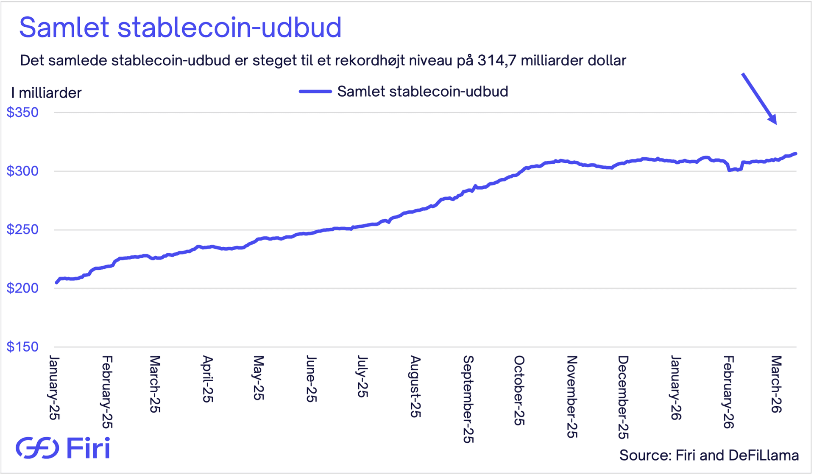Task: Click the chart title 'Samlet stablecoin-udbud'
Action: click(x=180, y=28)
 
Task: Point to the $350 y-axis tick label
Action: click(x=22, y=112)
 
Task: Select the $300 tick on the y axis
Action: click(x=22, y=171)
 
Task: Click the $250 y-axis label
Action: click(x=22, y=229)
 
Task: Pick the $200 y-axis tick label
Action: click(x=22, y=288)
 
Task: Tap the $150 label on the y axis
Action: click(x=22, y=346)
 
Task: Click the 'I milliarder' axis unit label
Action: click(x=46, y=93)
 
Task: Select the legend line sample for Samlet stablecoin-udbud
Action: click(x=315, y=92)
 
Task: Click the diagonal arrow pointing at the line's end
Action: click(x=759, y=99)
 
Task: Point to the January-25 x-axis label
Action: click(x=54, y=388)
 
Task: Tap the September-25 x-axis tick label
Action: click(x=468, y=399)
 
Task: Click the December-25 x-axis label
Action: click(x=622, y=397)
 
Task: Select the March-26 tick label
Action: click(x=776, y=384)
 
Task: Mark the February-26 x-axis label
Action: click(x=728, y=392)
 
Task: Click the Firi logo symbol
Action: click(x=37, y=448)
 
